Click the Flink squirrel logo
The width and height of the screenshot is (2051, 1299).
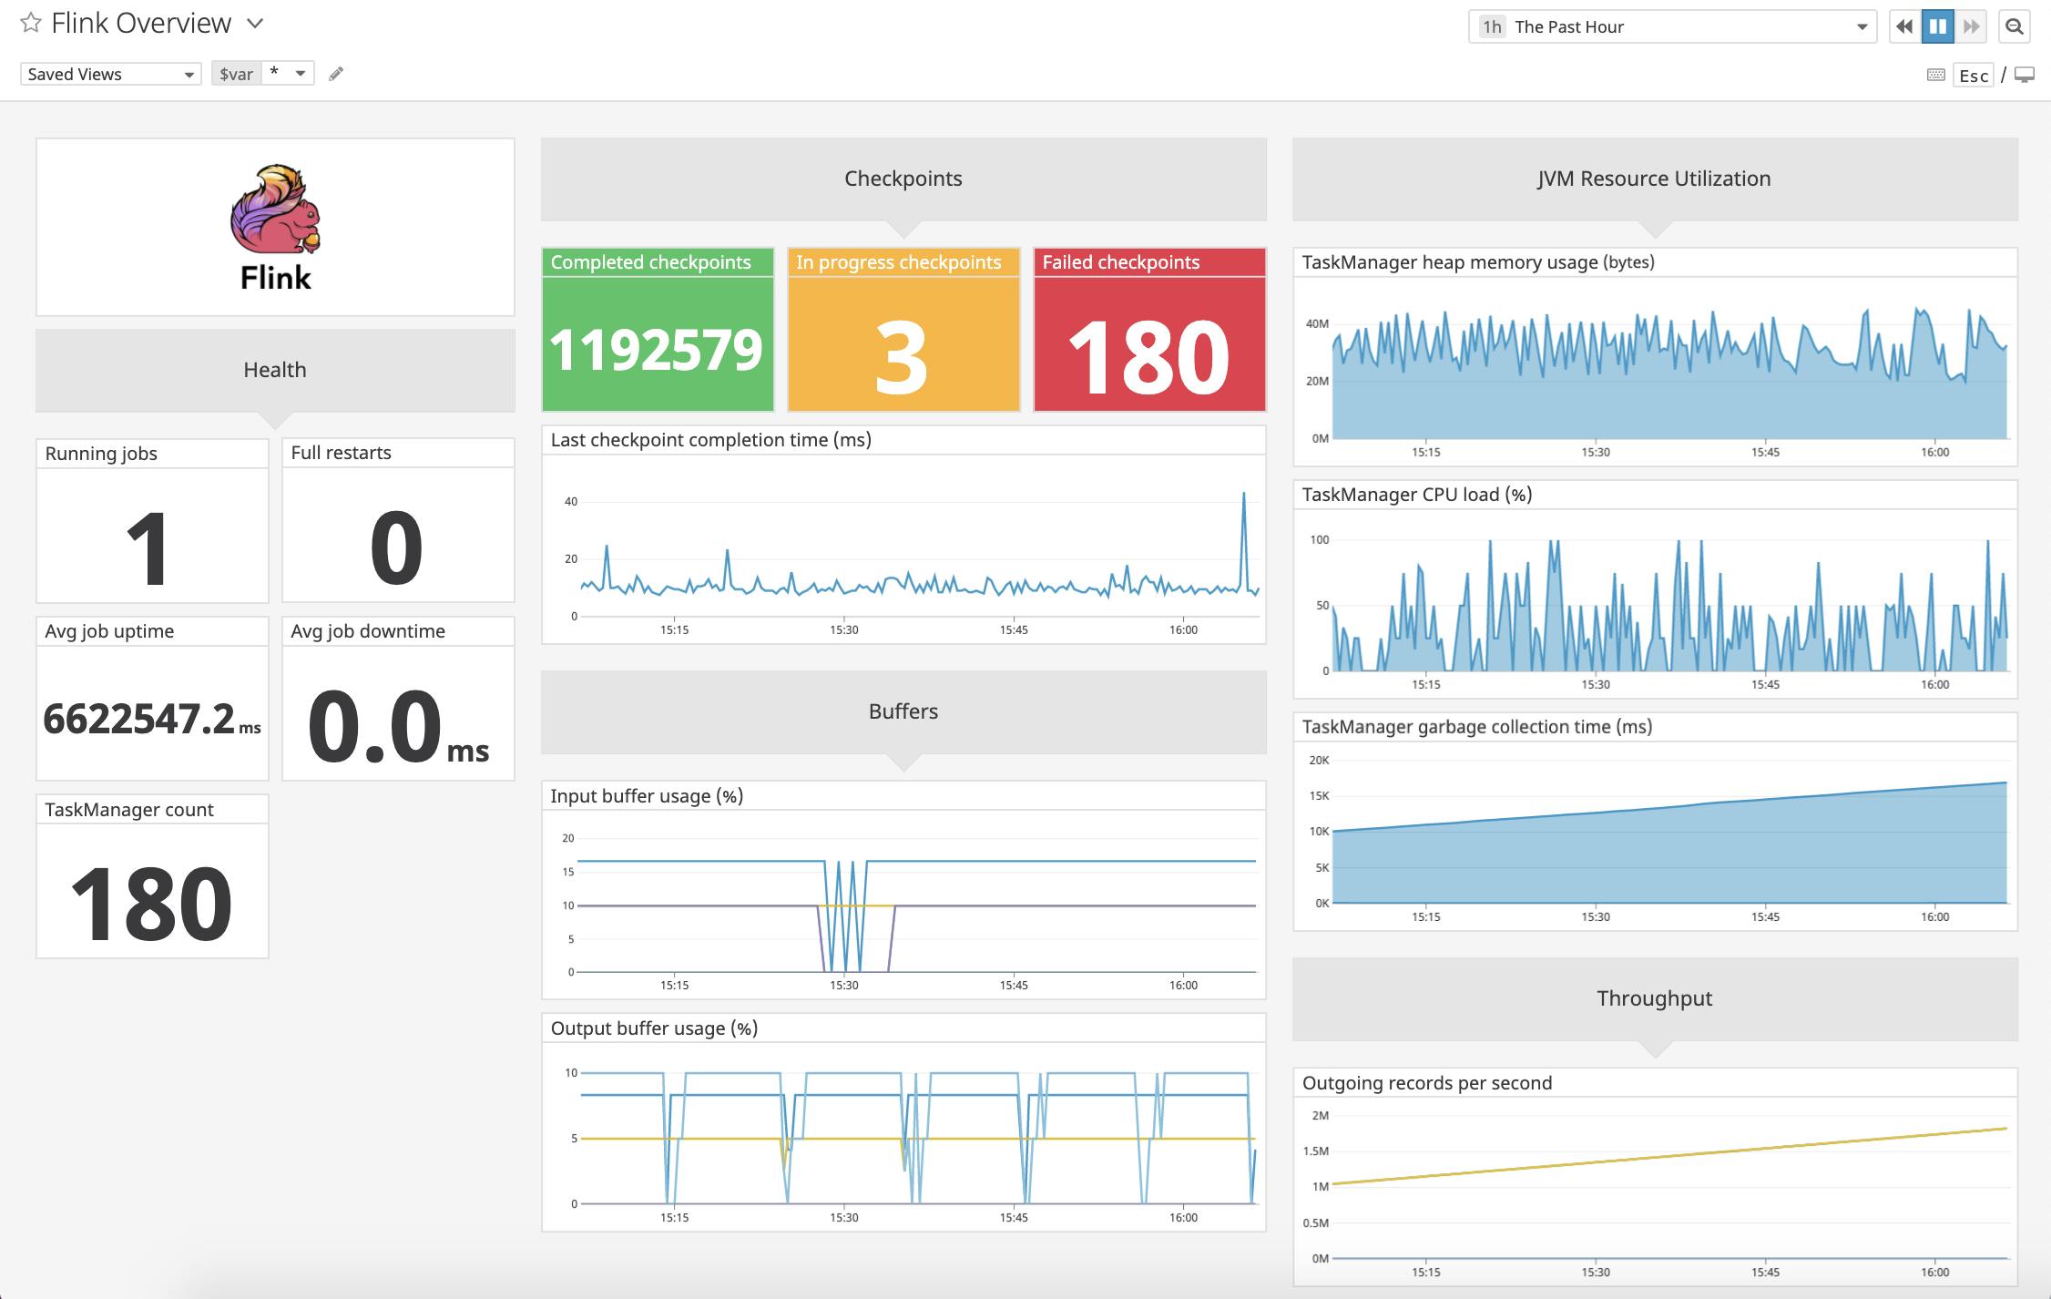pos(275,210)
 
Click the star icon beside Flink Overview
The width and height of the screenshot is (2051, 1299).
pos(31,23)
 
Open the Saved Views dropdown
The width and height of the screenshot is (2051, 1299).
pos(110,74)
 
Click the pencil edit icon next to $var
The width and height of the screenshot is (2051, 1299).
pos(336,74)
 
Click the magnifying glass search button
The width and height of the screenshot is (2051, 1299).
pos(2015,26)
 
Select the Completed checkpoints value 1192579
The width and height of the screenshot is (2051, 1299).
pos(657,349)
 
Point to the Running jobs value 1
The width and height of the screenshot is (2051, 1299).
pos(148,547)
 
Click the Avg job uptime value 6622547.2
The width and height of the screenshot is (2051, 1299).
pos(139,719)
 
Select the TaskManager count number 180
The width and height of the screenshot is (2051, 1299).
pos(151,903)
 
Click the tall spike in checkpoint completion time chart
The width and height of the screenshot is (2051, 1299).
pos(1243,496)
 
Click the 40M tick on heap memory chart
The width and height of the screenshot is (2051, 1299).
pos(1317,323)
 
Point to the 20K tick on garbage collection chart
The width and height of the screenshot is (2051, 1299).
pos(1318,760)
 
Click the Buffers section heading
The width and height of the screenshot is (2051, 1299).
pos(903,711)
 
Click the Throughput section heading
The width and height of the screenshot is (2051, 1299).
pos(1654,998)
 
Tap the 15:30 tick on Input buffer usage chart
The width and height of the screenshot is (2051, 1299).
pos(843,985)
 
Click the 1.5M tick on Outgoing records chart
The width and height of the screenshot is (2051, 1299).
pos(1315,1151)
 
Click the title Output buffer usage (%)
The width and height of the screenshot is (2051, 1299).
pos(654,1028)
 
